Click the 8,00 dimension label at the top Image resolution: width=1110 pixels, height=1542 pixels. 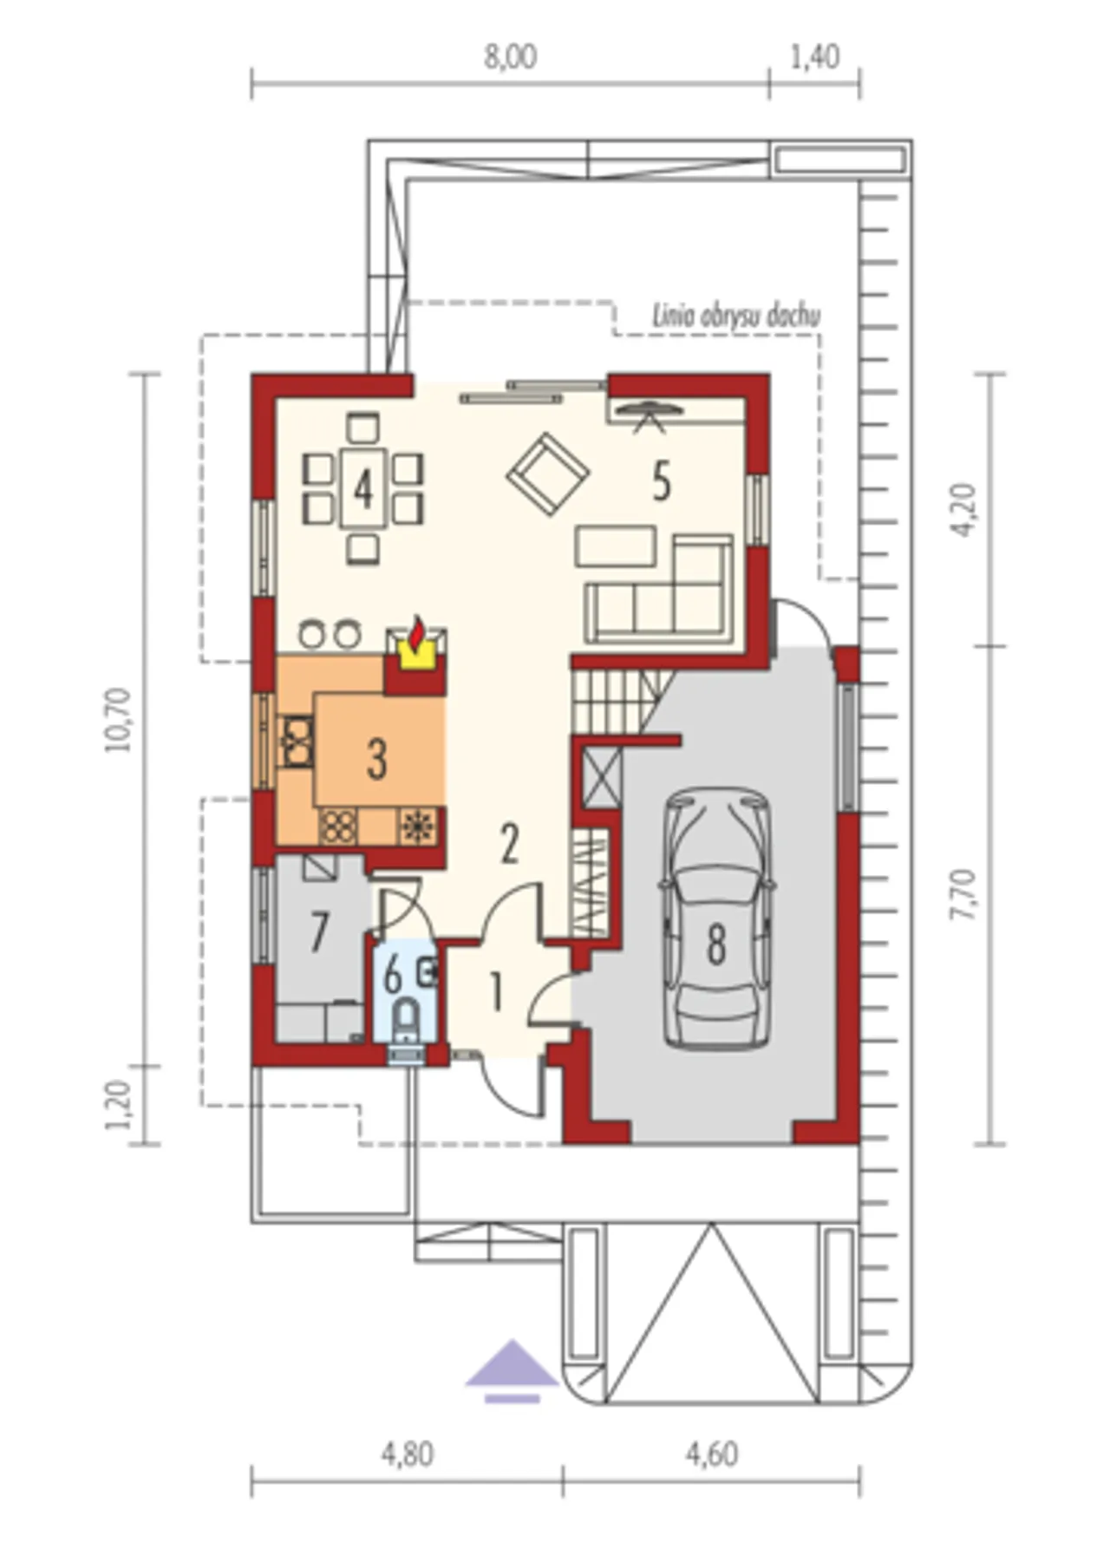point(511,57)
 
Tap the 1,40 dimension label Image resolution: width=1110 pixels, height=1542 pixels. point(815,57)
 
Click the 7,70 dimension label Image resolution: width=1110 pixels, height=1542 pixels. point(963,894)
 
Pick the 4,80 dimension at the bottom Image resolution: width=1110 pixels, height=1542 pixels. point(407,1454)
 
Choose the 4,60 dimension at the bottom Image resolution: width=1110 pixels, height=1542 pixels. point(712,1454)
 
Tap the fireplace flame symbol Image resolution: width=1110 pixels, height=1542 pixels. point(417,633)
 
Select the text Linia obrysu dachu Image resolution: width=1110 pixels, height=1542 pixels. point(736,317)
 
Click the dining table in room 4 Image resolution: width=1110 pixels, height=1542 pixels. point(363,487)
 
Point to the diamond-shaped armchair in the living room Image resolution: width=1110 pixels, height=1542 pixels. point(548,474)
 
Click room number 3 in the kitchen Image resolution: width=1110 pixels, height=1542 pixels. point(376,759)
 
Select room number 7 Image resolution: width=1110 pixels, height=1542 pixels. point(320,933)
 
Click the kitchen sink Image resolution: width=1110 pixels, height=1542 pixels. point(297,742)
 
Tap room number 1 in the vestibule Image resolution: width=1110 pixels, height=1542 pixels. point(496,992)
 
